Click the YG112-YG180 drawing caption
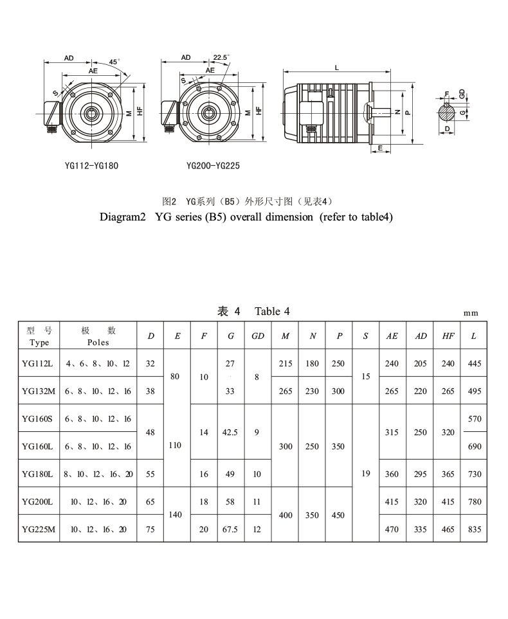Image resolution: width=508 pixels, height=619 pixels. (91, 165)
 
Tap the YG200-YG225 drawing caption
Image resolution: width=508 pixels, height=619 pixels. (213, 165)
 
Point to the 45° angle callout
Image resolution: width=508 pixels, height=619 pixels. (114, 62)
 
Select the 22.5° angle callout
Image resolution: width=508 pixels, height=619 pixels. (221, 57)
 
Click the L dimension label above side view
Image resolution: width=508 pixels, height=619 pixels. (337, 67)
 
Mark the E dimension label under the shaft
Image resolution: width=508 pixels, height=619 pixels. (381, 148)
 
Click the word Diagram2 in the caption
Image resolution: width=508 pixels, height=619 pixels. (123, 217)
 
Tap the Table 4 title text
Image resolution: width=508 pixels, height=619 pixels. (272, 311)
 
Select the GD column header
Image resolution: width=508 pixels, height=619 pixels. (257, 336)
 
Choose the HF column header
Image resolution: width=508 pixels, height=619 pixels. (448, 336)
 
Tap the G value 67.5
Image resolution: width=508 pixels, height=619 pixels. (230, 529)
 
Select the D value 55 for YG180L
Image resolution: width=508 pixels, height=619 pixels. (150, 474)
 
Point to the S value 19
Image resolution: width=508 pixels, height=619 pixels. (366, 474)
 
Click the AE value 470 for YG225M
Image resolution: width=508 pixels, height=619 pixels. (392, 529)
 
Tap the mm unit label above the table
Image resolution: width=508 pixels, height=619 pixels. (471, 313)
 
